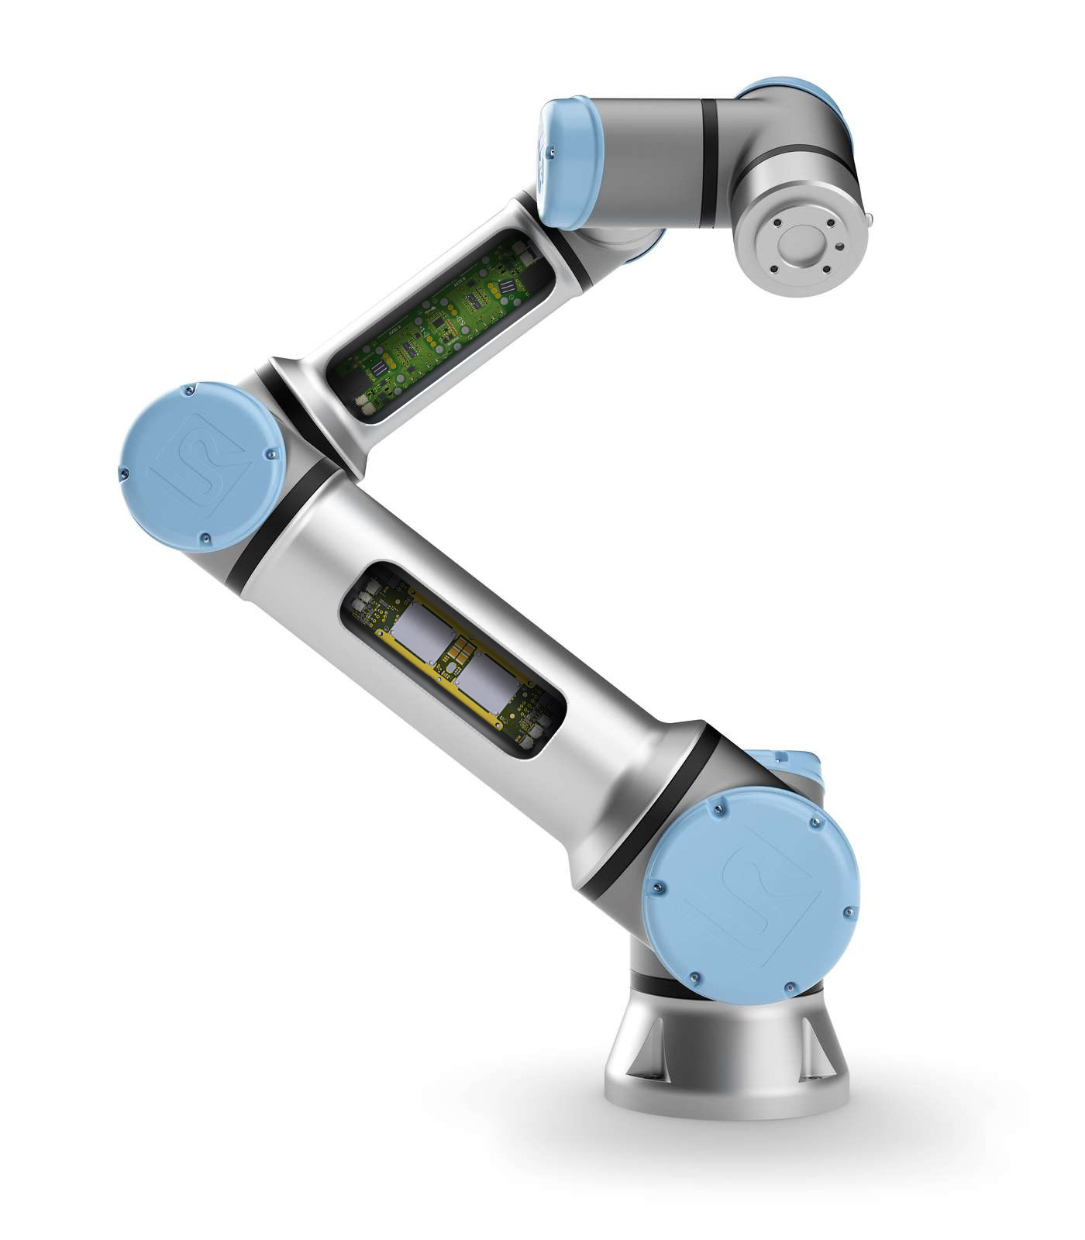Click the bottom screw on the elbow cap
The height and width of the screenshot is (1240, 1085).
coord(205,537)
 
